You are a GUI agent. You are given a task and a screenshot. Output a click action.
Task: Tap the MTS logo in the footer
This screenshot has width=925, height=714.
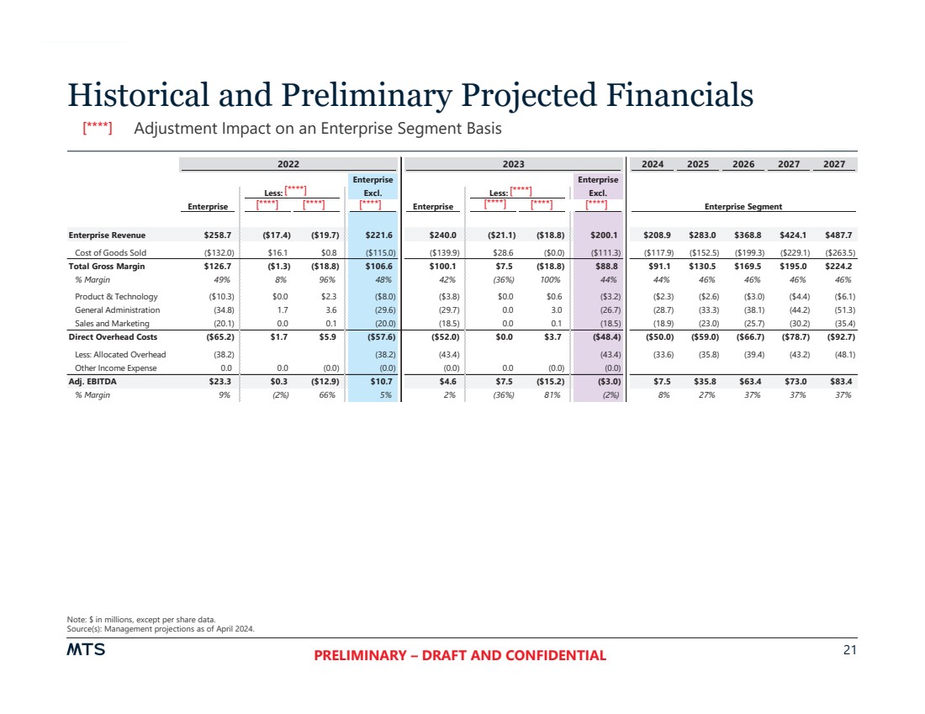tap(87, 650)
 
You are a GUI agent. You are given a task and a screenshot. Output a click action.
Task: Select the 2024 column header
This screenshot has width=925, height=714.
tap(653, 164)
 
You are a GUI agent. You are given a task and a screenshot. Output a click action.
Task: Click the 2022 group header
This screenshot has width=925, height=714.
tap(289, 164)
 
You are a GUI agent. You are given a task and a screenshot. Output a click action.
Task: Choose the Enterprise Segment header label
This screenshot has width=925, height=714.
tap(743, 206)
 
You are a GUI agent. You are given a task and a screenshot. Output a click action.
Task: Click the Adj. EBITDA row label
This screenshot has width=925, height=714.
tap(92, 381)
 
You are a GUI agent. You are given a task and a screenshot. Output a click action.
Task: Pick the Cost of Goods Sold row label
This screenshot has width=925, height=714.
tap(110, 252)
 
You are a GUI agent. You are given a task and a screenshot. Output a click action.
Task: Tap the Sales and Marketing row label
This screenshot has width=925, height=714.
tap(112, 323)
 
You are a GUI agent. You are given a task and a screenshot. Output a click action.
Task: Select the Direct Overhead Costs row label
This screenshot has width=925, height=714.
tap(112, 336)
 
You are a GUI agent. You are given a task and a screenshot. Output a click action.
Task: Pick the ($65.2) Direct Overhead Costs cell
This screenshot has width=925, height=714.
tap(218, 336)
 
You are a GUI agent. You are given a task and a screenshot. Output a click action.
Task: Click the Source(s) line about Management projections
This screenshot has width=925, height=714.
tap(161, 628)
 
